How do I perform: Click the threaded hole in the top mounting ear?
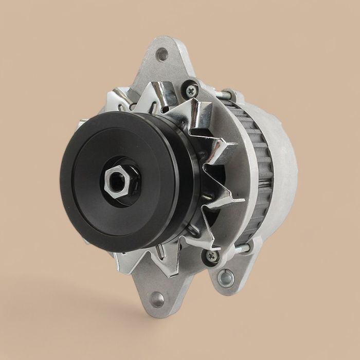[163, 53]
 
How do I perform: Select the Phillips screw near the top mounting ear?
[191, 91]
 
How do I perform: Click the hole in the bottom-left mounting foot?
[157, 299]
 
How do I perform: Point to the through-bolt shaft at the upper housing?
[226, 94]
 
